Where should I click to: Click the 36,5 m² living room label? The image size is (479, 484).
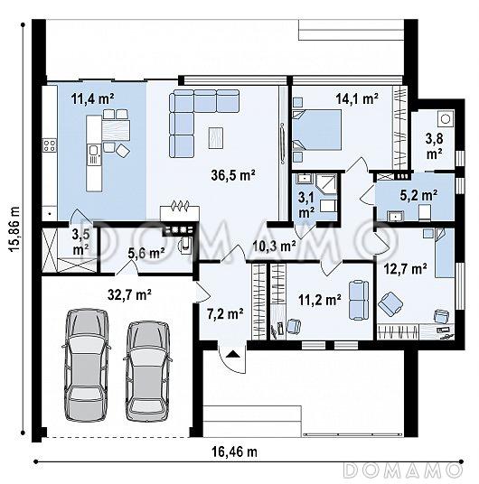233,175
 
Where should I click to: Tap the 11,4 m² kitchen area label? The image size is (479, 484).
93,98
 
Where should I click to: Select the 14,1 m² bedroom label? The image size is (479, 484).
357,98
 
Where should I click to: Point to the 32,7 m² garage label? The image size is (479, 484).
129,294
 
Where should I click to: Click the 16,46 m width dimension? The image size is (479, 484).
234,451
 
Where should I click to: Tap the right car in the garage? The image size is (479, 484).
147,372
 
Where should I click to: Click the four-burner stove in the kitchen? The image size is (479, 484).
50,145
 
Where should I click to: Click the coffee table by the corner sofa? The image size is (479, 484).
216,137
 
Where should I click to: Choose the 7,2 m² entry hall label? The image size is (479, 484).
224,313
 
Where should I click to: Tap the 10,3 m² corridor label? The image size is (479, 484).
274,246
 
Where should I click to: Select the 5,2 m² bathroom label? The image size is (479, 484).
418,195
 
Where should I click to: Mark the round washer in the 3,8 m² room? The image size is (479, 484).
446,118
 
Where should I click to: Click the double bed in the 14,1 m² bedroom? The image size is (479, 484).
316,130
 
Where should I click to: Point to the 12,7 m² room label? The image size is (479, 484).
405,269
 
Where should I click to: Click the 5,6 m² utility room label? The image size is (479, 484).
146,253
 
